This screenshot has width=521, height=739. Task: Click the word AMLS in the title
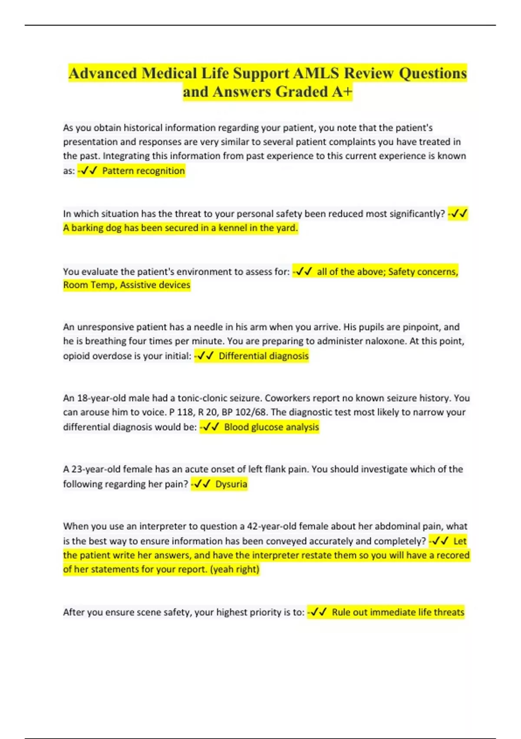(x=316, y=73)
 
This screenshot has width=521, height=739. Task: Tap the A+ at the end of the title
(x=342, y=92)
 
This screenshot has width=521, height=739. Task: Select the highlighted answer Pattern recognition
(x=143, y=170)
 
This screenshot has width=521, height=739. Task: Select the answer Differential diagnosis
(x=264, y=356)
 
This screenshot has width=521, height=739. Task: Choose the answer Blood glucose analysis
(x=271, y=427)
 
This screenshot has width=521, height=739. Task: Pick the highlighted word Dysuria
(x=231, y=484)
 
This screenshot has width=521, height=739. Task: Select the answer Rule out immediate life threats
(x=398, y=612)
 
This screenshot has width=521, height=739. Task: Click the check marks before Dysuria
(x=202, y=484)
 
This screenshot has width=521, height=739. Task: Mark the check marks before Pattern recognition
(x=88, y=170)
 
